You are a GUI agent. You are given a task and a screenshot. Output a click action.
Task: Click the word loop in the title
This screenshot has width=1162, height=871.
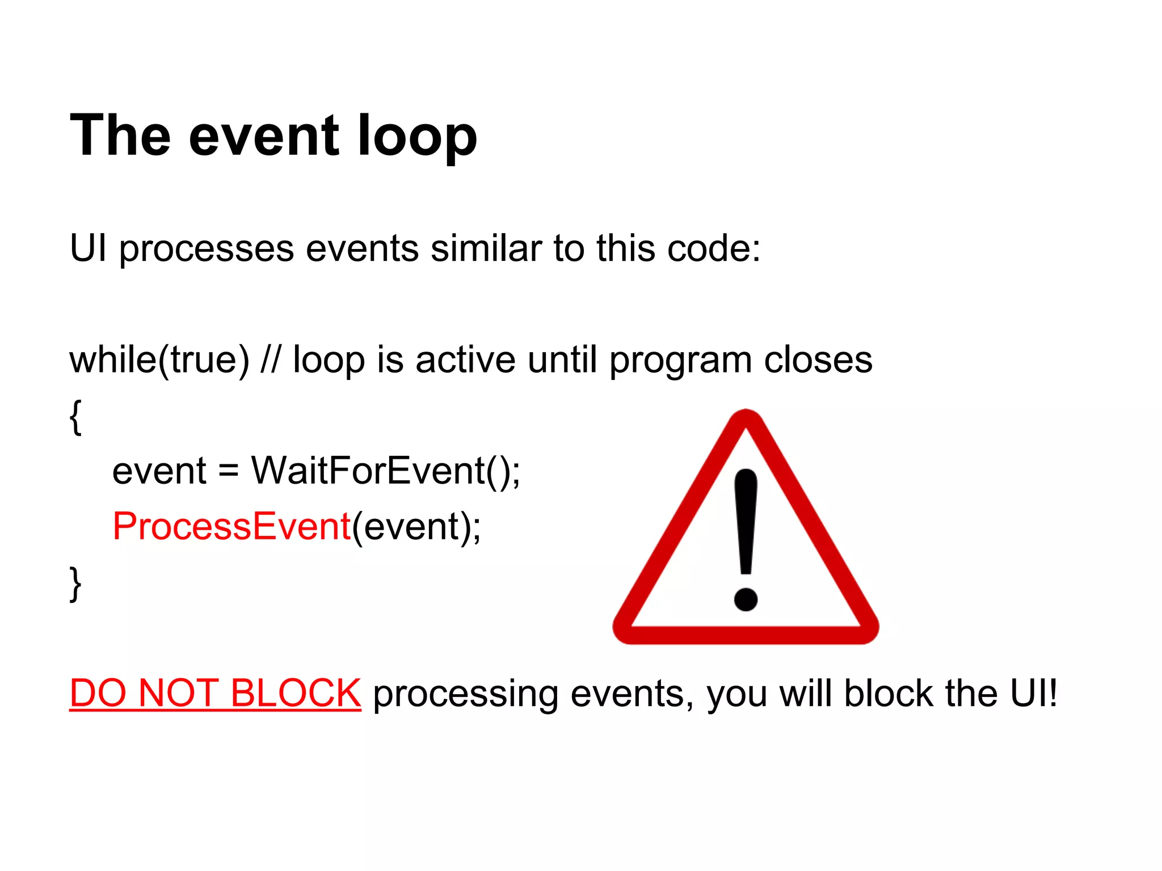pos(417,136)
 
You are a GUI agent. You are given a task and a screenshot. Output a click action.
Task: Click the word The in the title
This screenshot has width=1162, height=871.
pos(120,136)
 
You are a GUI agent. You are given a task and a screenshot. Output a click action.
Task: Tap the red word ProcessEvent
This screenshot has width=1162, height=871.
pos(231,526)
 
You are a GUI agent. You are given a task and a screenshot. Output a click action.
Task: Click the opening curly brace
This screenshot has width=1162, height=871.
pos(75,417)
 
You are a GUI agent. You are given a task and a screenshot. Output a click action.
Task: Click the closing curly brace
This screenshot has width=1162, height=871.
pos(75,584)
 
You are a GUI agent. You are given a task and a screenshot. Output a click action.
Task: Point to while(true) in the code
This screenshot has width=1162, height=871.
pos(159,360)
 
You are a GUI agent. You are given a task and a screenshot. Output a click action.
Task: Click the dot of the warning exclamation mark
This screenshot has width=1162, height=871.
pos(746,598)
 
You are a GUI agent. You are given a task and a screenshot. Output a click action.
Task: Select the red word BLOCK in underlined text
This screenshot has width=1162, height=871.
pos(295,693)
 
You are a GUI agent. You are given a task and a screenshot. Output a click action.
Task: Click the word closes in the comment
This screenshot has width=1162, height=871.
pos(818,360)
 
